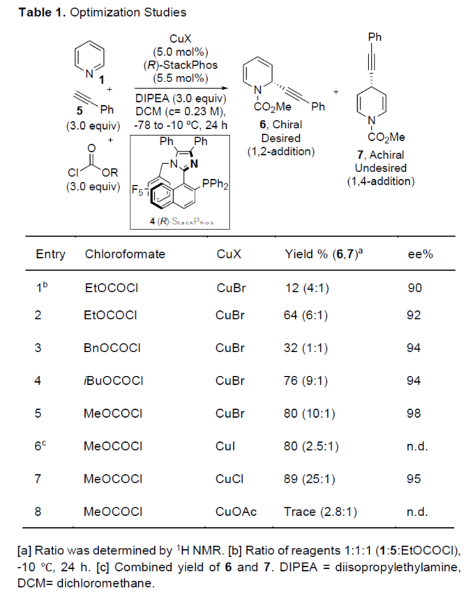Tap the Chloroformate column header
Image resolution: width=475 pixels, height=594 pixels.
pyautogui.click(x=125, y=254)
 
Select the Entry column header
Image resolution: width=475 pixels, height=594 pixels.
pyautogui.click(x=50, y=254)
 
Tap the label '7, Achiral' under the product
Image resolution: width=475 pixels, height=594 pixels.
pyautogui.click(x=380, y=158)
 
